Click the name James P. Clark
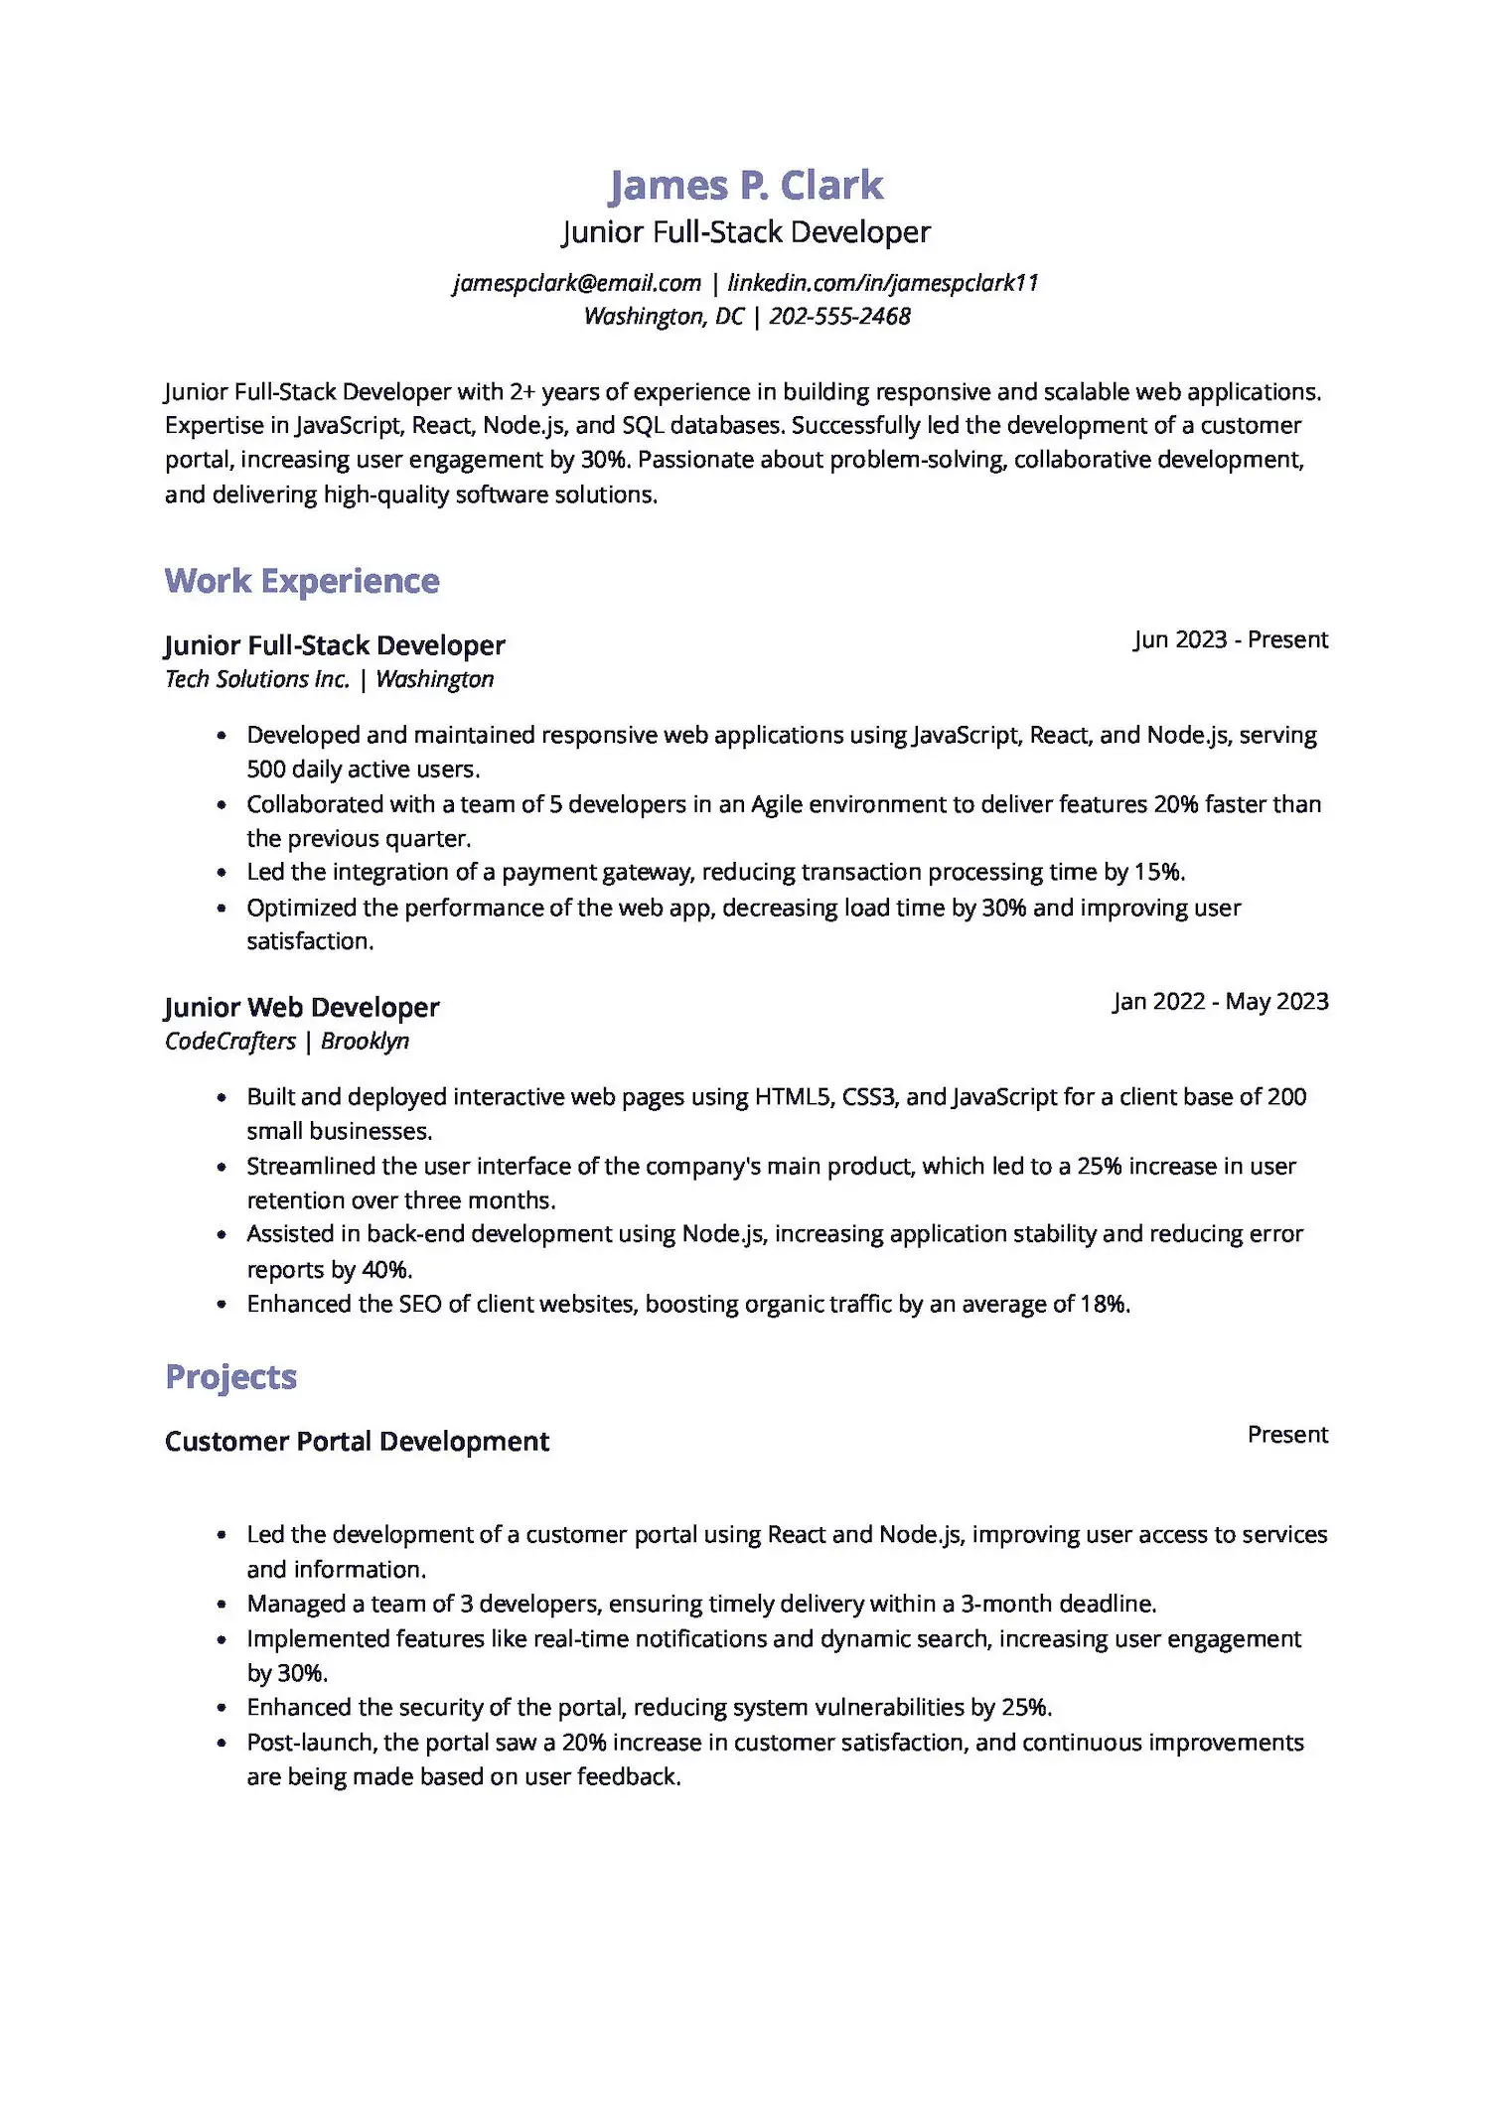click(745, 186)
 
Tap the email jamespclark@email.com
click(577, 283)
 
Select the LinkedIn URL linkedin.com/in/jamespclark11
click(882, 283)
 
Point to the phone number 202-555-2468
click(839, 317)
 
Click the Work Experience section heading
click(301, 581)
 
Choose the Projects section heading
click(230, 1377)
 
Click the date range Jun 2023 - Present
click(1230, 639)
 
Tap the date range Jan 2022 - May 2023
click(1220, 1001)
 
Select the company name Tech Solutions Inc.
click(257, 679)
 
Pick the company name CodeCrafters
click(230, 1042)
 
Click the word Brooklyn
click(365, 1042)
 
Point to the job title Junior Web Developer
click(301, 1007)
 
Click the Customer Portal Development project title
click(357, 1442)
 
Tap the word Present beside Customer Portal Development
click(1287, 1435)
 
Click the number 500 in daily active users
click(265, 770)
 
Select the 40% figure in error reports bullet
click(385, 1270)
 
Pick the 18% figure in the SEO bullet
click(1103, 1304)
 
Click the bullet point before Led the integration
click(222, 873)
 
